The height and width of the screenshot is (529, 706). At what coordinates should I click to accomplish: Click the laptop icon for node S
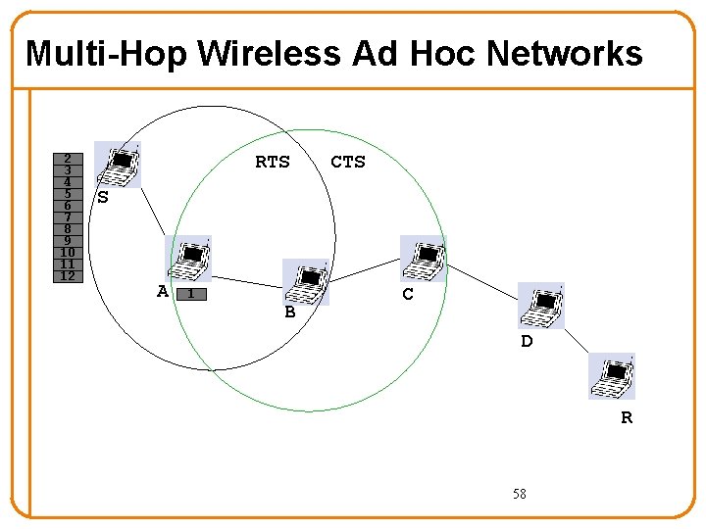120,165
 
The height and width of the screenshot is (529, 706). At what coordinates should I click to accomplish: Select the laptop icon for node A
190,259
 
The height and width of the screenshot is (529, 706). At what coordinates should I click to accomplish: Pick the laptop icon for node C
424,259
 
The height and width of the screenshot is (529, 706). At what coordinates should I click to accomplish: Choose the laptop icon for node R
612,376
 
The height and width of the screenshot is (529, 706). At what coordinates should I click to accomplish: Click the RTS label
273,163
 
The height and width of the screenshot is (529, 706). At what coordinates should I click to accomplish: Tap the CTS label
348,163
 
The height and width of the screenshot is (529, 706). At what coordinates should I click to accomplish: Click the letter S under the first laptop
102,199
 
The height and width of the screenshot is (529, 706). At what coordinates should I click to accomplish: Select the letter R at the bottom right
627,418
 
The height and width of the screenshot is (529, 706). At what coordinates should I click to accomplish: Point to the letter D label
527,342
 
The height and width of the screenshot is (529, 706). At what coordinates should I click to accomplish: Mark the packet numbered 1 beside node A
192,294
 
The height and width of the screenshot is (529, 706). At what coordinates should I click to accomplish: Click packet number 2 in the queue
67,158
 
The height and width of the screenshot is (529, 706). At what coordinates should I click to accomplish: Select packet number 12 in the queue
67,276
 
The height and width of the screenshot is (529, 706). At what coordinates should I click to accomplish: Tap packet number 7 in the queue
67,217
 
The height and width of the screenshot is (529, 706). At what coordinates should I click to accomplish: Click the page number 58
519,495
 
